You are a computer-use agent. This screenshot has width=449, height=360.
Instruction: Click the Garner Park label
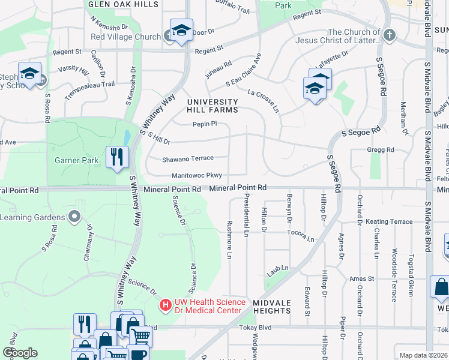pyautogui.click(x=76, y=160)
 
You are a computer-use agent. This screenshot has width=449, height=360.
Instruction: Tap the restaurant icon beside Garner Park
pyautogui.click(x=117, y=157)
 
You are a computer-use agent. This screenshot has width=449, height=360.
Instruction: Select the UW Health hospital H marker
pyautogui.click(x=165, y=305)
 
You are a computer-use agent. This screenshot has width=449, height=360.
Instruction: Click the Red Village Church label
pyautogui.click(x=125, y=37)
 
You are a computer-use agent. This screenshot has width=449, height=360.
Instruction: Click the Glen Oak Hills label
pyautogui.click(x=123, y=4)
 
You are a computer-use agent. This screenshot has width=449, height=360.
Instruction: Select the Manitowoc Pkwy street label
pyautogui.click(x=197, y=175)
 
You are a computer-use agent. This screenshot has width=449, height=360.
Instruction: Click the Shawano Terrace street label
pyautogui.click(x=187, y=158)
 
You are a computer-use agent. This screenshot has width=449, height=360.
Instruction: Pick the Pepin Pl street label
pyautogui.click(x=204, y=124)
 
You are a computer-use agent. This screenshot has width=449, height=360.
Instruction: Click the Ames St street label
pyautogui.click(x=362, y=278)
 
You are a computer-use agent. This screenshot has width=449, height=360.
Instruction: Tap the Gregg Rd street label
pyautogui.click(x=381, y=149)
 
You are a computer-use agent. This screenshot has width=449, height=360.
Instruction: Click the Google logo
pyautogui.click(x=20, y=353)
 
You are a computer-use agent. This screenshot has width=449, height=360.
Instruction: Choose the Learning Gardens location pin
pyautogui.click(x=74, y=215)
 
